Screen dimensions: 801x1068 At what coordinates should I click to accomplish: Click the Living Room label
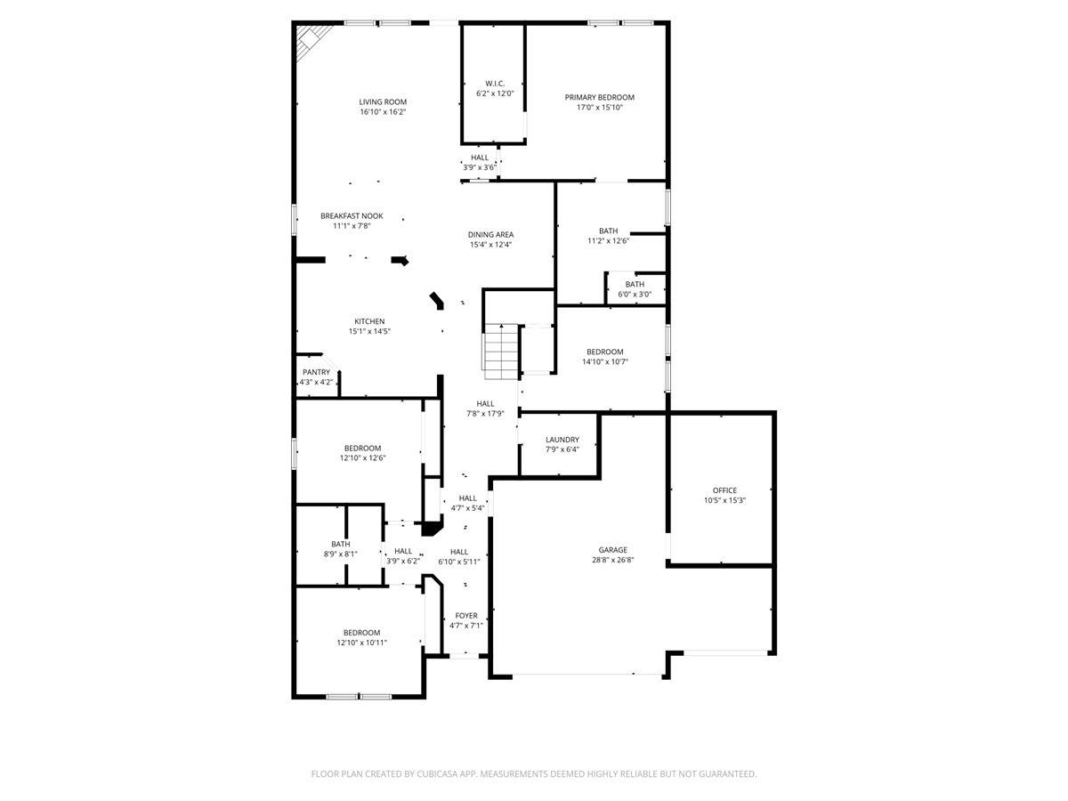[383, 102]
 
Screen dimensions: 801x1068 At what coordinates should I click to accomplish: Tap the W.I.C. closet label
[495, 84]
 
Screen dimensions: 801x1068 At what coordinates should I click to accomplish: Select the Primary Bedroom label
[600, 97]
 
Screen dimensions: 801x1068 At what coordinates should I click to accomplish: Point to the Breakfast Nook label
[352, 216]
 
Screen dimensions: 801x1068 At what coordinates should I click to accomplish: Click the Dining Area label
[490, 235]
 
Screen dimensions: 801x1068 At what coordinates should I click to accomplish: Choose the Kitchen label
[369, 321]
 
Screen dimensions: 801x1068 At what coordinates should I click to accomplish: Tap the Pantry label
[316, 372]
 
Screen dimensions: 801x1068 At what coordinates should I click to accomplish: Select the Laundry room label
[562, 440]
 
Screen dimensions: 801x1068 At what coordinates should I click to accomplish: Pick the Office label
[724, 490]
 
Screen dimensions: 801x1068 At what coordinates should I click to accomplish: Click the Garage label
[612, 550]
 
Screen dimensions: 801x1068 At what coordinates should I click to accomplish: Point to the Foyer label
[466, 616]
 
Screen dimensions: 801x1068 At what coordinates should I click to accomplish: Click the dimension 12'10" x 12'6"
[362, 457]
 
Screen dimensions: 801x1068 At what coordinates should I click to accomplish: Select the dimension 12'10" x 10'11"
[362, 643]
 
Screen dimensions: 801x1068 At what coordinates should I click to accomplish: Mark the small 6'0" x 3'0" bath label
[635, 295]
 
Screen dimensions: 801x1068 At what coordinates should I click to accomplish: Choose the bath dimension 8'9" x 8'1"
[341, 554]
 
